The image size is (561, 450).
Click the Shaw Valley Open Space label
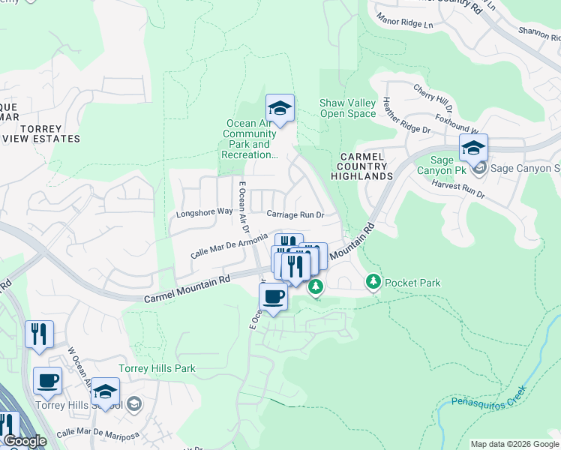[347, 108]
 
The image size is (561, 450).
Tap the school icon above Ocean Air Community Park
[280, 109]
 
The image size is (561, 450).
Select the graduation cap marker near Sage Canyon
[473, 149]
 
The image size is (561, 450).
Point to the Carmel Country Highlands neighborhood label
[363, 166]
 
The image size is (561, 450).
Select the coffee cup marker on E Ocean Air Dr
[273, 297]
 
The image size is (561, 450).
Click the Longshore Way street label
[204, 212]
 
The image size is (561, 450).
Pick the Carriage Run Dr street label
[295, 214]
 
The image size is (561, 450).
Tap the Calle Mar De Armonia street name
[229, 245]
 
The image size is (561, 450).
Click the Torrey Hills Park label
[157, 368]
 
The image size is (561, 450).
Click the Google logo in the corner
[24, 441]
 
